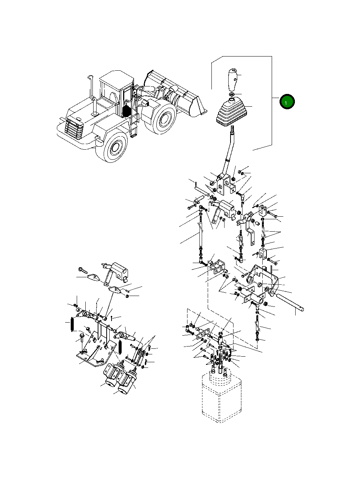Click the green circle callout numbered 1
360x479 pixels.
[287, 101]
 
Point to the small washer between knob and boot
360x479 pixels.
[232, 94]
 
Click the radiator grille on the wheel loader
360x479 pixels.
[74, 129]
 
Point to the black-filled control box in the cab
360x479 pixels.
[128, 110]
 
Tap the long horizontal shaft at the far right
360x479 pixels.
[290, 303]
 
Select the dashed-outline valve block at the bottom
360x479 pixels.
[221, 397]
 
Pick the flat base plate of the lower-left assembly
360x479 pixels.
[91, 354]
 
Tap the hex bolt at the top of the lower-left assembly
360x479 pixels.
[83, 269]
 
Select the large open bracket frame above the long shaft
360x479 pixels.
[263, 279]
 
